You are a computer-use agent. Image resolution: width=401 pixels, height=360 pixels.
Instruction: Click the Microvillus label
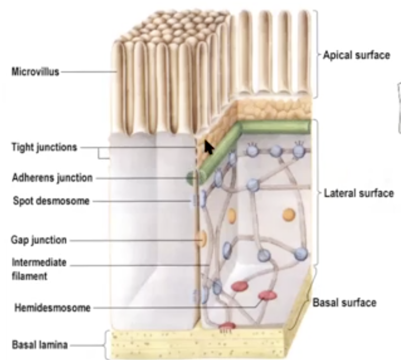tap(35, 72)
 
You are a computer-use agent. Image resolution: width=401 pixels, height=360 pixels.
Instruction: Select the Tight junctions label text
tap(44, 147)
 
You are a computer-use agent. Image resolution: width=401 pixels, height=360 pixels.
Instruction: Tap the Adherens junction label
tap(52, 178)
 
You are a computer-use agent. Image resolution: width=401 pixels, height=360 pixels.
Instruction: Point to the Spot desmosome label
tap(51, 201)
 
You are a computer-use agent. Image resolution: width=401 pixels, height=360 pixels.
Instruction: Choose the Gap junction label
tap(39, 240)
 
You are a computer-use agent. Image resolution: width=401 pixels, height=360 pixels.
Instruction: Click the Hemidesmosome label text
tap(52, 308)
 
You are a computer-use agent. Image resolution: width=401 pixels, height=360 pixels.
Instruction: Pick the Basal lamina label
tap(40, 345)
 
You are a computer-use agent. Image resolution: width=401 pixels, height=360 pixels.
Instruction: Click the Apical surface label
tap(356, 55)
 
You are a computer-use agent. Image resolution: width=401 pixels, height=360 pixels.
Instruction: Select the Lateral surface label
tap(358, 193)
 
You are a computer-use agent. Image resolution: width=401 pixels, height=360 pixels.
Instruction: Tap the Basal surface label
tap(344, 303)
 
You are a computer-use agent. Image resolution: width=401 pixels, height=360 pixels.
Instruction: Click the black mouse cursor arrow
tap(209, 147)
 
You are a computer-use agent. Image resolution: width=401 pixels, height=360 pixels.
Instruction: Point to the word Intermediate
tap(39, 263)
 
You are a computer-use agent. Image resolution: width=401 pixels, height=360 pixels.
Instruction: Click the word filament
tap(30, 276)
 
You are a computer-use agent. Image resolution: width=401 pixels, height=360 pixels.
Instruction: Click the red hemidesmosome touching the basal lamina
tap(227, 326)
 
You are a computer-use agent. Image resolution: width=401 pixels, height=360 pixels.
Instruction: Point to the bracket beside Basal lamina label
tap(106, 345)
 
